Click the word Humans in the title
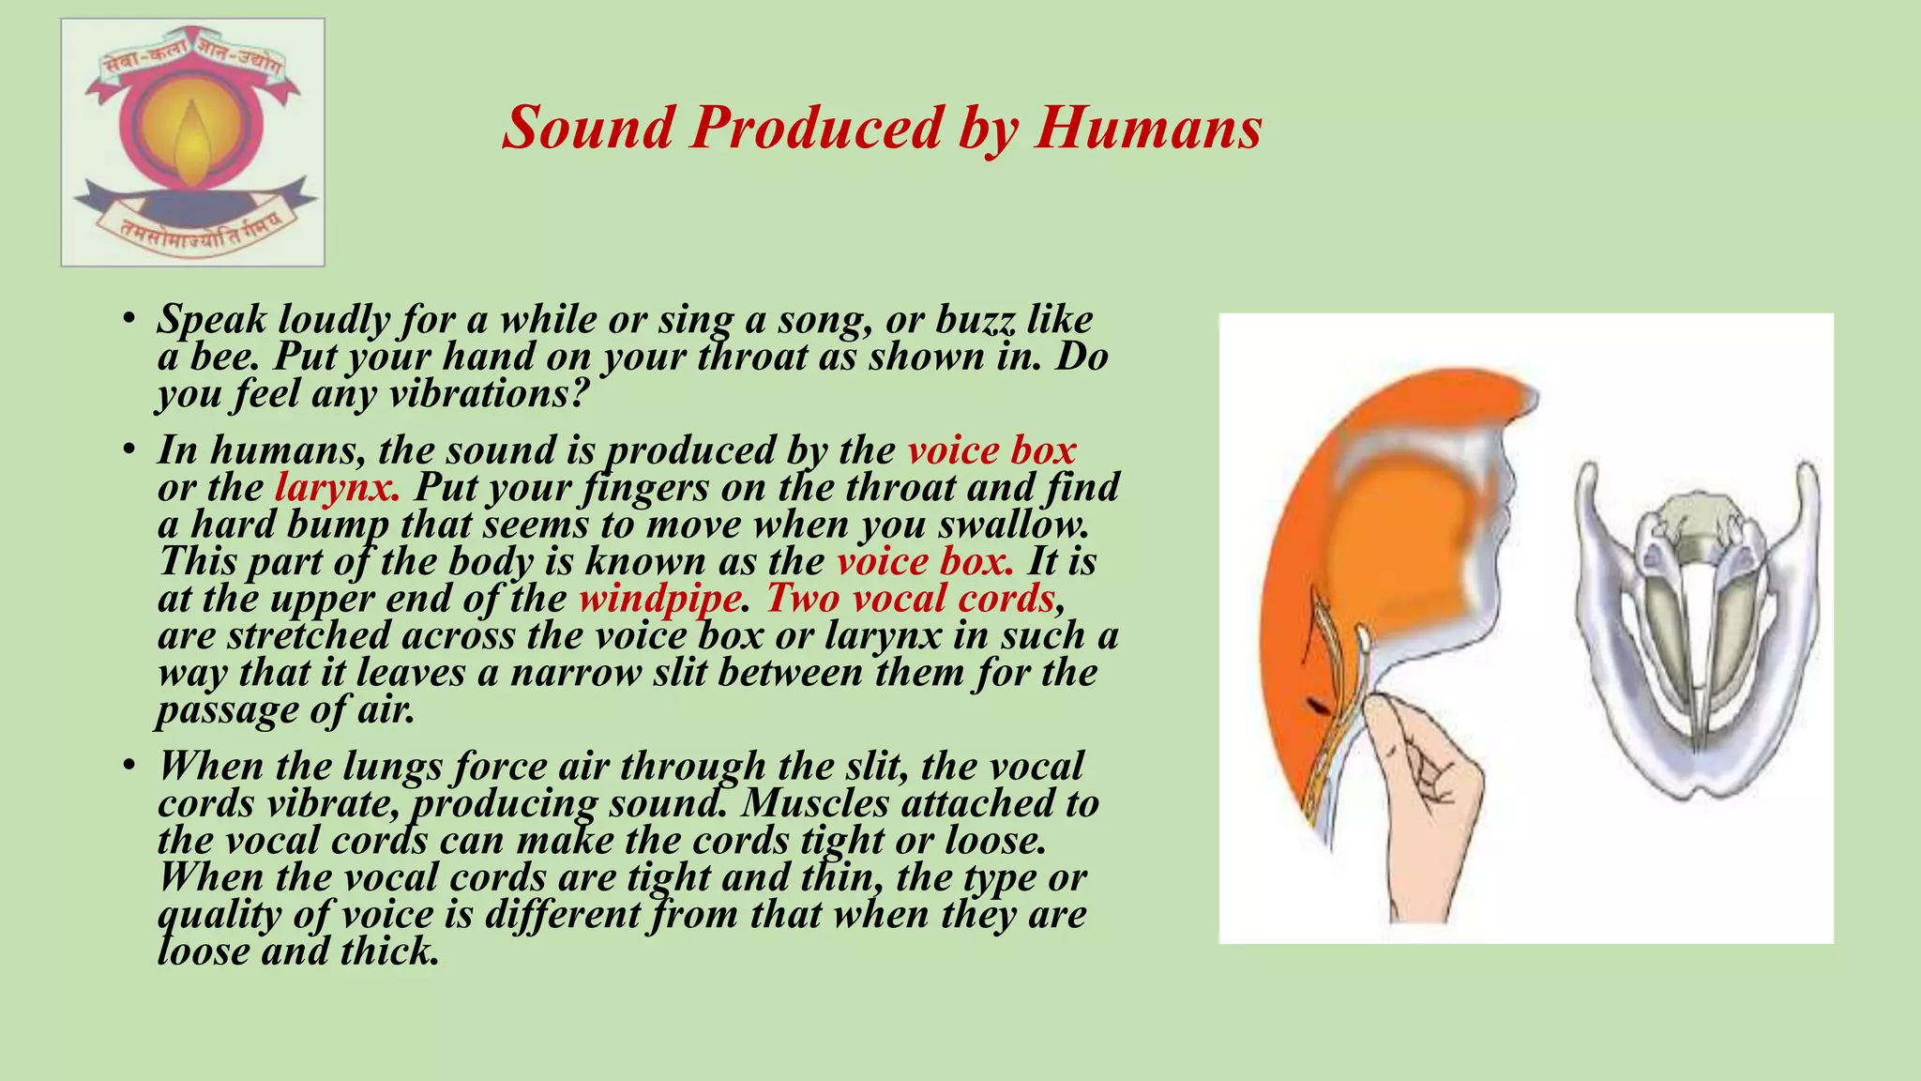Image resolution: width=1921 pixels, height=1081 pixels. (1148, 128)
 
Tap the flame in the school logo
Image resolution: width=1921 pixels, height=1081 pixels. (192, 141)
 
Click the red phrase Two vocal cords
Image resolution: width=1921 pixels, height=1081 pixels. (910, 599)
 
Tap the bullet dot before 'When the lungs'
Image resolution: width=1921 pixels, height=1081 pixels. (129, 767)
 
